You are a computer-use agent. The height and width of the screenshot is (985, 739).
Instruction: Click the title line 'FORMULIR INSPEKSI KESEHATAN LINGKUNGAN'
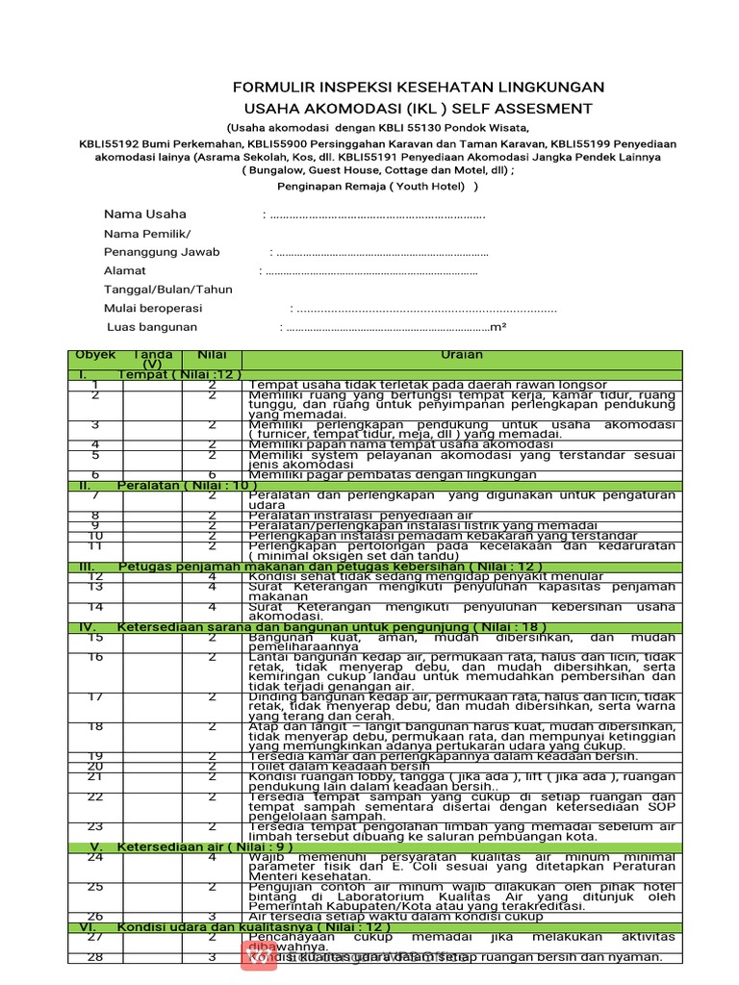(418, 88)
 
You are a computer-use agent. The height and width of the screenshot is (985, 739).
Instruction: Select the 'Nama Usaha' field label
(145, 214)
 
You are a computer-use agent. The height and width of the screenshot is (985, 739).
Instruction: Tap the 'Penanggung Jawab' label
(162, 252)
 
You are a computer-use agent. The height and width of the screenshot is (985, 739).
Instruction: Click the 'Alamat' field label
(125, 270)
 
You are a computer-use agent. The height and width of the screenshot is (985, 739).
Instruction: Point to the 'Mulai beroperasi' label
(153, 308)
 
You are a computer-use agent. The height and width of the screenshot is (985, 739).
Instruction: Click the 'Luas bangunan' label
(152, 327)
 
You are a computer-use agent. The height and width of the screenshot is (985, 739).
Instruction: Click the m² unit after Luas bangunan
(498, 328)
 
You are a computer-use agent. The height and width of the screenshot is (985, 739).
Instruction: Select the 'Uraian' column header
(461, 355)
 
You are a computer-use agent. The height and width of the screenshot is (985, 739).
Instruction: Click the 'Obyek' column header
(95, 355)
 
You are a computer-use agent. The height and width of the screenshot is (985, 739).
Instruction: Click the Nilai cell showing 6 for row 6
(211, 474)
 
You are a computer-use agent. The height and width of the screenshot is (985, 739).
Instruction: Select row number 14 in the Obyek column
(95, 607)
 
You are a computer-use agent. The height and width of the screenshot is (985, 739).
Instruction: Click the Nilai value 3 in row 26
(211, 916)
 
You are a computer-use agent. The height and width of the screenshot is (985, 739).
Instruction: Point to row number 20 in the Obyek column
(95, 766)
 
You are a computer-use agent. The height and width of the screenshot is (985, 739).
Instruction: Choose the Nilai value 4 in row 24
(211, 857)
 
